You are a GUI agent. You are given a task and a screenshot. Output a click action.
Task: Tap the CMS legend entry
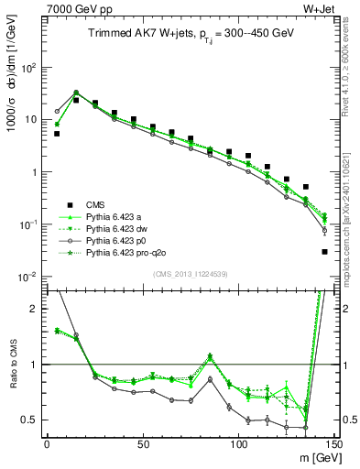pyautogui.click(x=97, y=204)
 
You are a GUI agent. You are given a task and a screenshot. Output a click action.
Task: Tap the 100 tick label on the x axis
pyautogui.click(x=238, y=443)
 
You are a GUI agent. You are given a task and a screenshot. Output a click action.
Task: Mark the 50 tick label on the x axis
pyautogui.click(x=142, y=443)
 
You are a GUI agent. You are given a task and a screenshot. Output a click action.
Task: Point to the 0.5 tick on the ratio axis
pyautogui.click(x=32, y=420)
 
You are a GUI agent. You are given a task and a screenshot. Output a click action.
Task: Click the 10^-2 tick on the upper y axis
pyautogui.click(x=29, y=277)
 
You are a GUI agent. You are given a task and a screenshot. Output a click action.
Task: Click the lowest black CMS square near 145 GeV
pyautogui.click(x=324, y=252)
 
